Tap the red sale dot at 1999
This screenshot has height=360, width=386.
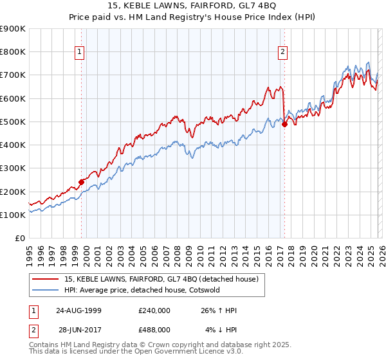coord(82,182)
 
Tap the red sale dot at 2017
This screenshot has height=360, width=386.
coord(284,125)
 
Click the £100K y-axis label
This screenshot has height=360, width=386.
coord(13,215)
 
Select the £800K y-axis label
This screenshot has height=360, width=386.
coord(13,52)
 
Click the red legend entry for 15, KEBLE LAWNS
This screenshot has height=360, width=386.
coord(161,279)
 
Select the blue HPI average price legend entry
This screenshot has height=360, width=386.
coord(142,290)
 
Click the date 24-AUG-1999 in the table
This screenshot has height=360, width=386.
coord(77,310)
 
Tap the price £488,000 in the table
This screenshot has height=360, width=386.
coord(154,330)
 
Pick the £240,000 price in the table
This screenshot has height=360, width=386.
coord(154,310)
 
